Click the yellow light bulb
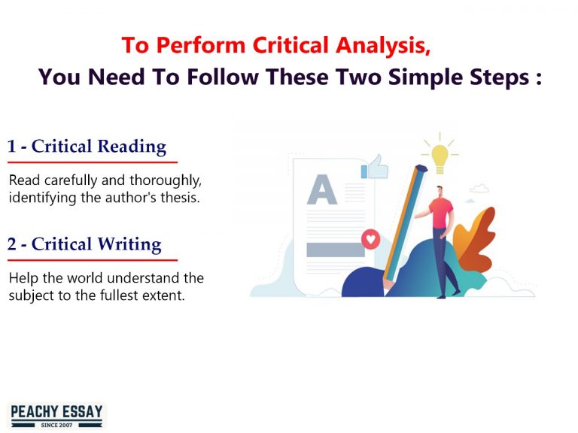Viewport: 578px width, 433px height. click(x=440, y=156)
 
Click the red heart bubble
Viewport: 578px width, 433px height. click(x=370, y=240)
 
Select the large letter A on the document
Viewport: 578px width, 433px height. click(x=321, y=191)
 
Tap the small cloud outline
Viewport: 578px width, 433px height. click(x=479, y=189)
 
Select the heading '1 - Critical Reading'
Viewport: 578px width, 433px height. click(x=87, y=146)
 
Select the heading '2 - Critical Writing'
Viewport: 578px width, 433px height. click(x=84, y=244)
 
